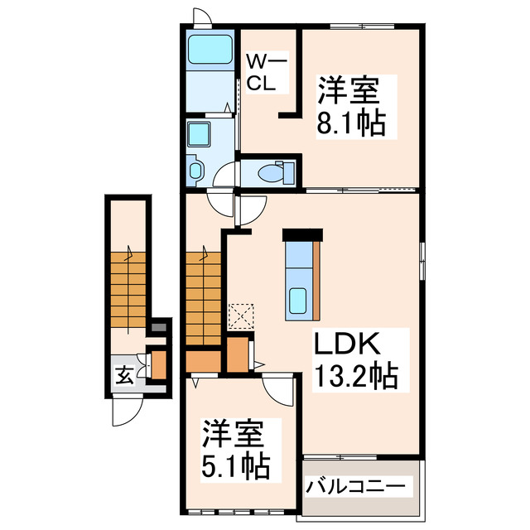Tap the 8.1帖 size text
350,124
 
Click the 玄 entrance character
123,375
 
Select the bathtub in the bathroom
210,52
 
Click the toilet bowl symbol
272,172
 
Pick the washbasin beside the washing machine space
195,170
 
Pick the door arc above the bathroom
202,18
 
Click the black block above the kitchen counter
300,234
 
